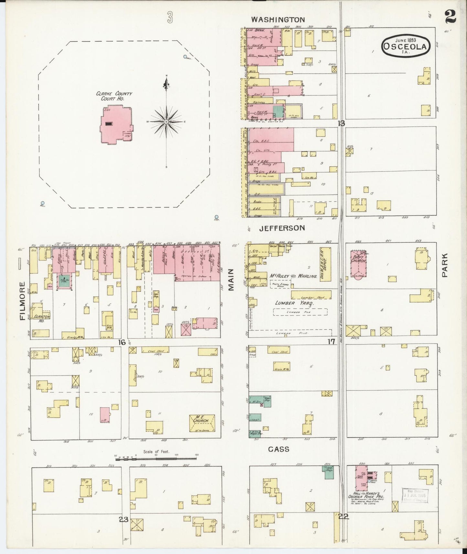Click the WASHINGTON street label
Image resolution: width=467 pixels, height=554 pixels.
(x=278, y=20)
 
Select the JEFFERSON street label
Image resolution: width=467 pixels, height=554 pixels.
(x=282, y=228)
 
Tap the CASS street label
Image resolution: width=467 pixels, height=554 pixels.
(x=278, y=449)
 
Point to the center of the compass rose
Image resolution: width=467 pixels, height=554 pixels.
(x=166, y=122)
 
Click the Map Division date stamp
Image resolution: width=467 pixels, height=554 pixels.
(x=416, y=495)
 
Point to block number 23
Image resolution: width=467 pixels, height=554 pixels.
(x=123, y=520)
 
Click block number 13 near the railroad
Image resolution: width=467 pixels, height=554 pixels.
(x=341, y=123)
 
